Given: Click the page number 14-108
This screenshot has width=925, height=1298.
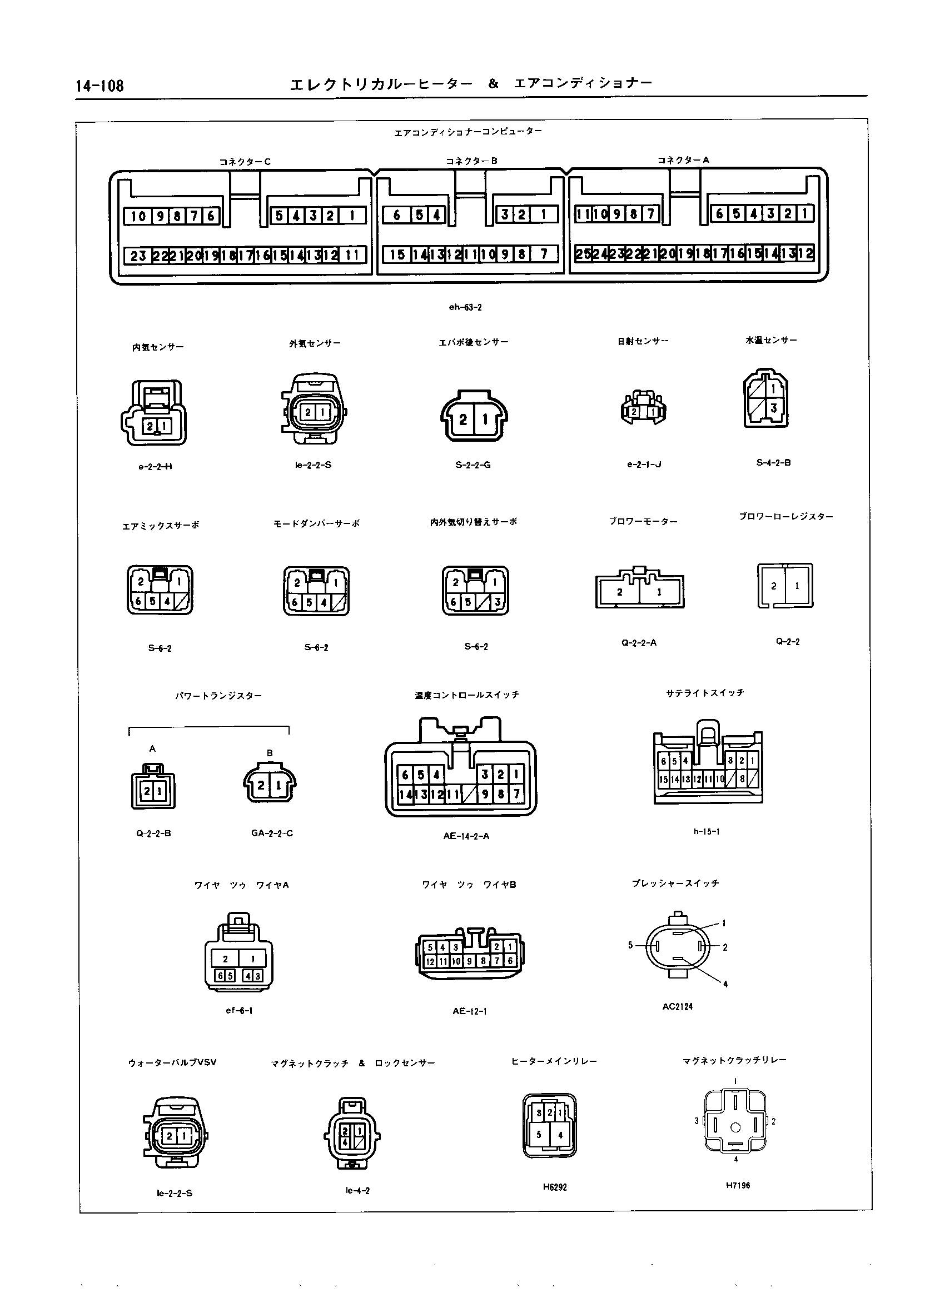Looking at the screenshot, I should tap(100, 86).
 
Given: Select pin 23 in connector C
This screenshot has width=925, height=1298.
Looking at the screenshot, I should tap(138, 256).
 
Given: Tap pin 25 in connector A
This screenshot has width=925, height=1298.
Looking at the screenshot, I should tap(583, 253).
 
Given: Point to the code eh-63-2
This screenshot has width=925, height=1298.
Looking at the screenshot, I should tap(465, 307).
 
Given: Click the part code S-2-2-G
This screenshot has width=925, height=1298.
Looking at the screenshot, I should tap(473, 465).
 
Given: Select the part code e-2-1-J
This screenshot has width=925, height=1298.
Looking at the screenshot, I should tap(644, 464).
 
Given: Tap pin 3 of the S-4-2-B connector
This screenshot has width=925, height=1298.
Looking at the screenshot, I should tap(773, 408).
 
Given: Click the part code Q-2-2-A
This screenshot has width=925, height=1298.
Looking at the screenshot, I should tap(639, 643).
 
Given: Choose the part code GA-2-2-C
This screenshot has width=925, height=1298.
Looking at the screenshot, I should tap(272, 833).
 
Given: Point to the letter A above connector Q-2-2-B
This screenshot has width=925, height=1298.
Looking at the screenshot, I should tap(152, 748).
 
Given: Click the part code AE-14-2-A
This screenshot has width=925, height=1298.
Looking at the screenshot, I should tap(466, 836).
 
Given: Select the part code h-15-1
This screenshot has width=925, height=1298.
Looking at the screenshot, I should tap(707, 832).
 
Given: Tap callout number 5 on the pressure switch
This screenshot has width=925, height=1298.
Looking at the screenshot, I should tap(630, 945).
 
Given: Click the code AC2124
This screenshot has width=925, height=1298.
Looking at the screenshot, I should tap(677, 1006).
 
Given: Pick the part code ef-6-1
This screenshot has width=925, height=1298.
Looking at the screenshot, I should tap(238, 1011).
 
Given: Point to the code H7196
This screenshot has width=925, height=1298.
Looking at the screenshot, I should tap(738, 1185).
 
